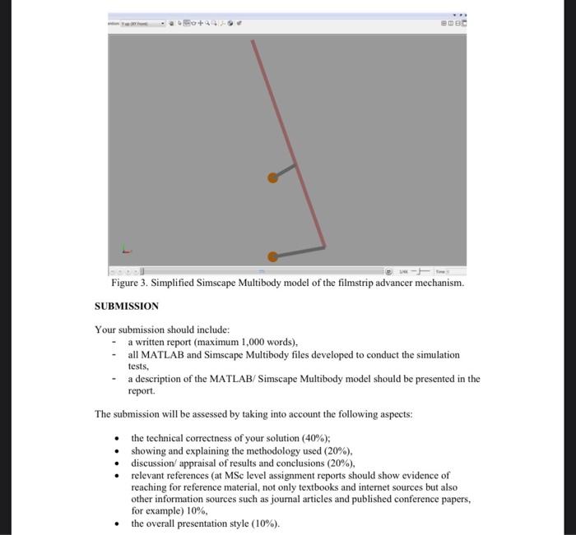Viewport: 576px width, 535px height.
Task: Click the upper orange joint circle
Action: pyautogui.click(x=272, y=178)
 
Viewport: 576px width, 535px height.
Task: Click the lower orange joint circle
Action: pyautogui.click(x=272, y=256)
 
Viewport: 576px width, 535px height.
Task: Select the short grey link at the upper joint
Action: pyautogui.click(x=285, y=171)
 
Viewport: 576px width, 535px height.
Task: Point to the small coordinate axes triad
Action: pyautogui.click(x=124, y=247)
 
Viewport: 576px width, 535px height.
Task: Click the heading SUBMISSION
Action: pyautogui.click(x=127, y=307)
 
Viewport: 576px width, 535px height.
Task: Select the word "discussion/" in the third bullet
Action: pyautogui.click(x=153, y=463)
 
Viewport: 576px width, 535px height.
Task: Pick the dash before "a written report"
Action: pyautogui.click(x=114, y=342)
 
